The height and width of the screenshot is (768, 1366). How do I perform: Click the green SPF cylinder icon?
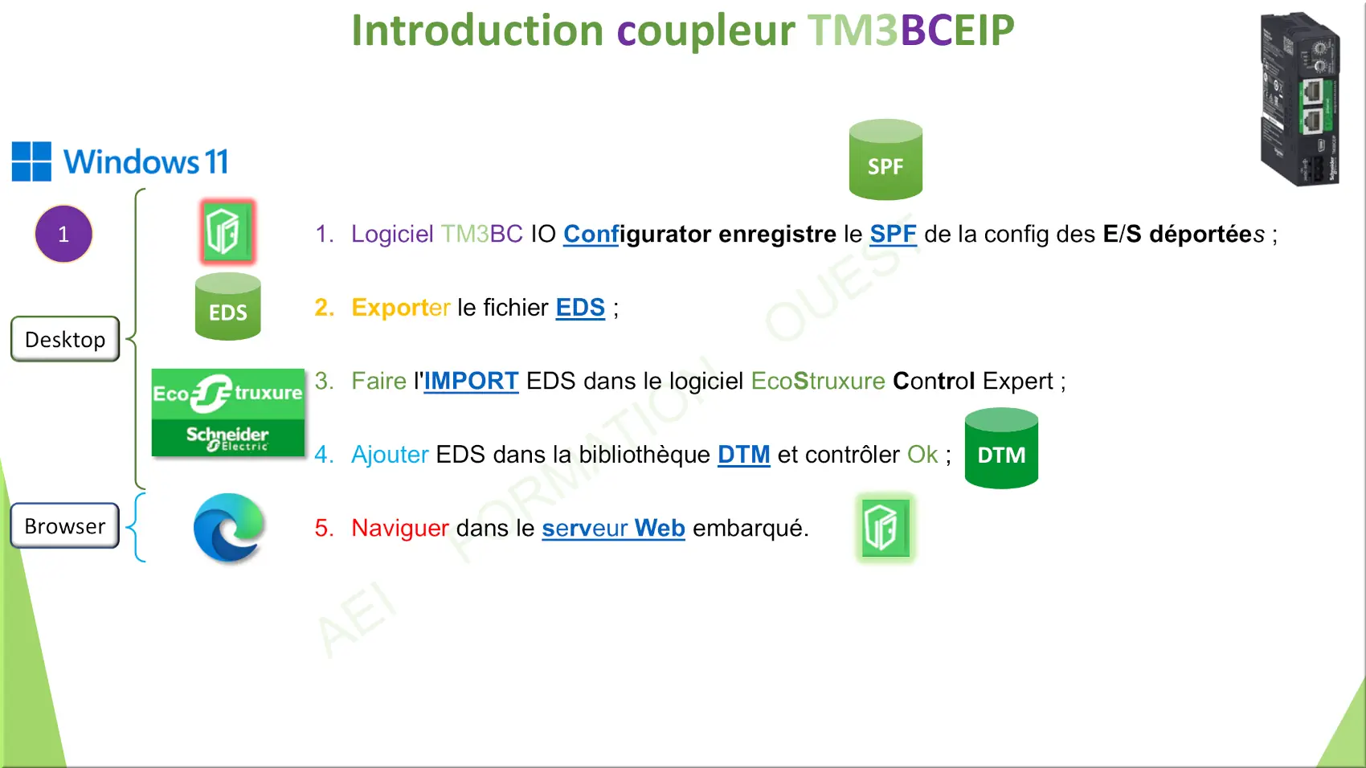coord(885,160)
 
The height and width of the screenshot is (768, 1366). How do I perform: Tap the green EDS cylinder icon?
coord(228,306)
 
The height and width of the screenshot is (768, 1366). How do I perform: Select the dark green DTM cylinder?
coord(1001,448)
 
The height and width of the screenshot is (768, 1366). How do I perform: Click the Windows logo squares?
coord(31,161)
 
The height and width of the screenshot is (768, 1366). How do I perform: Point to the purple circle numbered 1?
coord(63,234)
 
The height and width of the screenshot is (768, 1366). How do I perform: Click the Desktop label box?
coord(65,339)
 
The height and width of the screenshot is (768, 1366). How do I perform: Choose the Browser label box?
coord(64,525)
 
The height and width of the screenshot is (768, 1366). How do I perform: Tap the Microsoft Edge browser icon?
coord(229,527)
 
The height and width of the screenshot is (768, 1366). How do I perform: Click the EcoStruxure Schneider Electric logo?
coord(228,413)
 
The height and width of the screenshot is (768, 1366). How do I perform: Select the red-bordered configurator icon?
coord(227,231)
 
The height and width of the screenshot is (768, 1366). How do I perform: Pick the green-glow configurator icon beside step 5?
coord(885,528)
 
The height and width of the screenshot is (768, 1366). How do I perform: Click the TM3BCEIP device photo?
coord(1300,99)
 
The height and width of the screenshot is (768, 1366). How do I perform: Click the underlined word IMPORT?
coord(472,381)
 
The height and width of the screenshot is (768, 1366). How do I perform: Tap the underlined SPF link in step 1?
coord(893,234)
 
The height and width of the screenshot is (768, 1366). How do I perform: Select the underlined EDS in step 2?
coord(580,307)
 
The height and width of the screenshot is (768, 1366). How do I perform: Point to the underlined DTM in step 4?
coord(743,455)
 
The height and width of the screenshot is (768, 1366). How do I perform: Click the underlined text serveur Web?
coord(613,528)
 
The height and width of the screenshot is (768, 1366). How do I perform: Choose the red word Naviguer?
coord(400,528)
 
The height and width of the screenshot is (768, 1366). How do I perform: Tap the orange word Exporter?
coord(401,308)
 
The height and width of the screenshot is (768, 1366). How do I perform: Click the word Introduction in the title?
coord(477,30)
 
